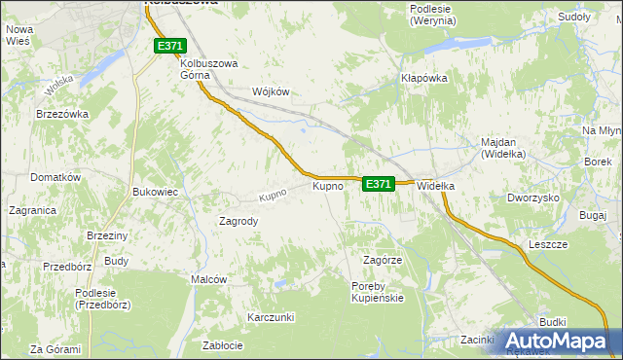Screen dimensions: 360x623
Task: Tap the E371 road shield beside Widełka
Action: [x=379, y=183]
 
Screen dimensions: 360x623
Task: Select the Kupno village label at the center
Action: [x=327, y=185]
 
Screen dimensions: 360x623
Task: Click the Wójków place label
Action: [x=272, y=91]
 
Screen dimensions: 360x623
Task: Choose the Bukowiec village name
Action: [x=155, y=193]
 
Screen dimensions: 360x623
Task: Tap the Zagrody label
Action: [x=238, y=221]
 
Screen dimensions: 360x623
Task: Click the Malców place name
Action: [x=209, y=279]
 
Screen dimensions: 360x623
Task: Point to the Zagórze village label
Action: [x=383, y=261]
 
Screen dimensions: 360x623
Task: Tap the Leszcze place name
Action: [x=548, y=244]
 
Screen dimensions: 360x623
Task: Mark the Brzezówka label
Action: [x=62, y=114]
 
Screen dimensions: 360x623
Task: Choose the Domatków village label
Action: [x=55, y=178]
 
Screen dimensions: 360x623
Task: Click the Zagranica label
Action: [x=32, y=209]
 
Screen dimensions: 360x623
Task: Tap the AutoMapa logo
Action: [x=559, y=341]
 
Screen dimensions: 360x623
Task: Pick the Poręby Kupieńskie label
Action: [x=377, y=292]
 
